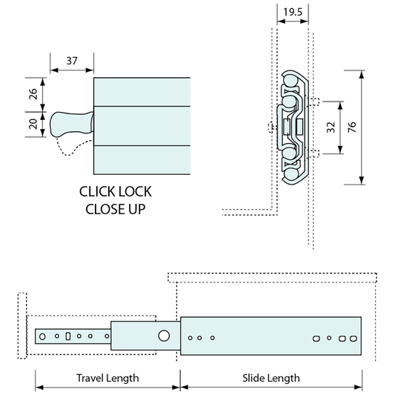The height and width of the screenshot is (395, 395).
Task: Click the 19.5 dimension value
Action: tap(293, 12)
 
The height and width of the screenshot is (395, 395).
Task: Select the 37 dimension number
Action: tap(72, 61)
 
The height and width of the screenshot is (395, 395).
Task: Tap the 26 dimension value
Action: tap(33, 94)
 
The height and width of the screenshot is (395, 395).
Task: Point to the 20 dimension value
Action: tap(33, 124)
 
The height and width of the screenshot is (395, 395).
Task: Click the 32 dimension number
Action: tap(331, 127)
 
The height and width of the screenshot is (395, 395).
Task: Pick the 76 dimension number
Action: tap(352, 127)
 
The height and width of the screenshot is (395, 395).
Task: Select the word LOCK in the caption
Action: tap(135, 192)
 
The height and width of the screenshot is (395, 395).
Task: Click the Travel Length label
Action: tap(107, 378)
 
